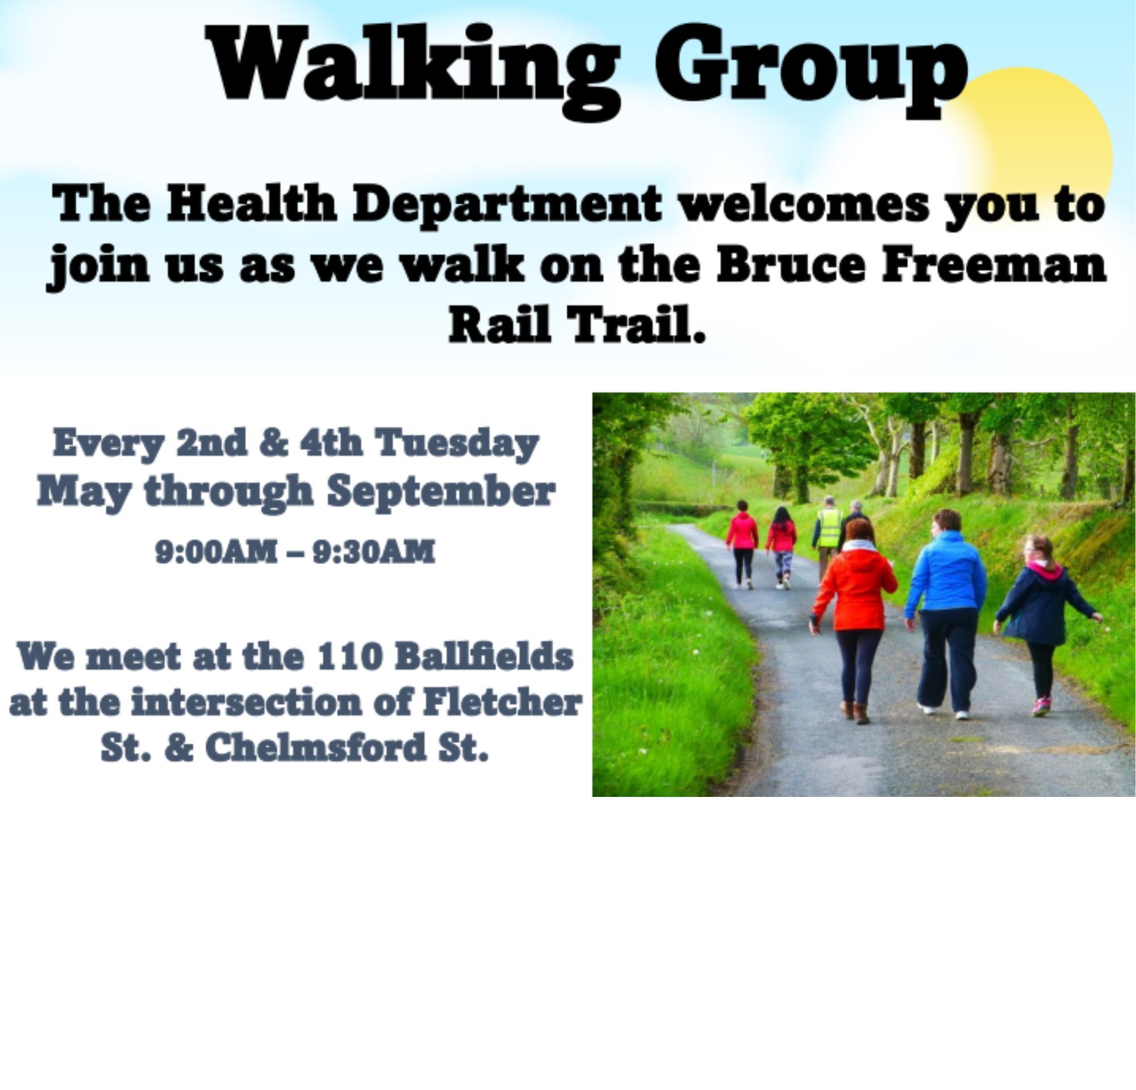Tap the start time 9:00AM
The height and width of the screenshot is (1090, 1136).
pyautogui.click(x=216, y=552)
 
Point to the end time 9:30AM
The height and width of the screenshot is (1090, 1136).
pyautogui.click(x=374, y=552)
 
